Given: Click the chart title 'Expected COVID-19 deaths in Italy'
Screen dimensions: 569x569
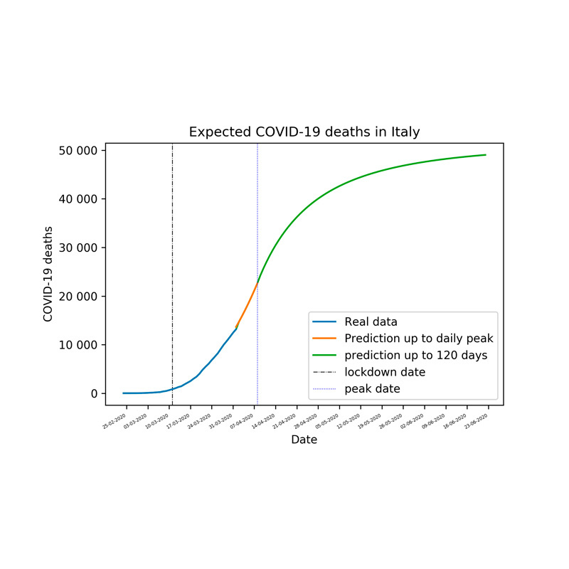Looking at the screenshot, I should [x=304, y=132].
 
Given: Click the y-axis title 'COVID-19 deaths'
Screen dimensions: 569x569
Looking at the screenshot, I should [x=48, y=275].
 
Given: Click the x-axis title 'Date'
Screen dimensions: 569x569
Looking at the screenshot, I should [x=304, y=440].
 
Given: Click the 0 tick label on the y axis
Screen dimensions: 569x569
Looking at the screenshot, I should [x=93, y=394].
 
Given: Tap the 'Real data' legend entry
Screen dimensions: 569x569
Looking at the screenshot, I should [x=370, y=321].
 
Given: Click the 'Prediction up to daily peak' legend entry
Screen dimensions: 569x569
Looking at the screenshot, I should [x=419, y=339].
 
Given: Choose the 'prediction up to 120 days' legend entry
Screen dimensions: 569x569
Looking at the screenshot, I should [x=416, y=356].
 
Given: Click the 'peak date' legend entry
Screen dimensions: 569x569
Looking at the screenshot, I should [x=372, y=389].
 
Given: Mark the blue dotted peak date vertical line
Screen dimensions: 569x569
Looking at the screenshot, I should [x=257, y=213].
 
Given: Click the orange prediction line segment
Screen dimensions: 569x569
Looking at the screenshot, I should [x=247, y=307].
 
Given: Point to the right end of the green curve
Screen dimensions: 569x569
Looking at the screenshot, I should [x=485, y=155].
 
